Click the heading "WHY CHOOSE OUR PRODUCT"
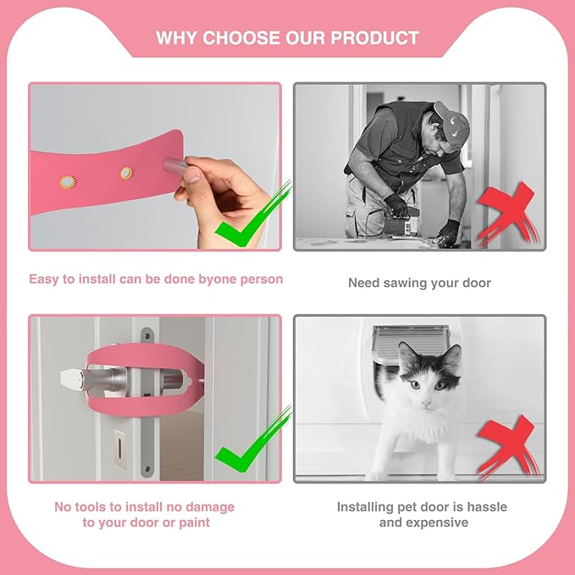(x=287, y=38)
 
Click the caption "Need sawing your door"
(x=419, y=283)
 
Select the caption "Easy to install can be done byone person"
(x=156, y=279)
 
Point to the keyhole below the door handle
(x=119, y=443)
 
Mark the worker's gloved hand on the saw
(x=396, y=204)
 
